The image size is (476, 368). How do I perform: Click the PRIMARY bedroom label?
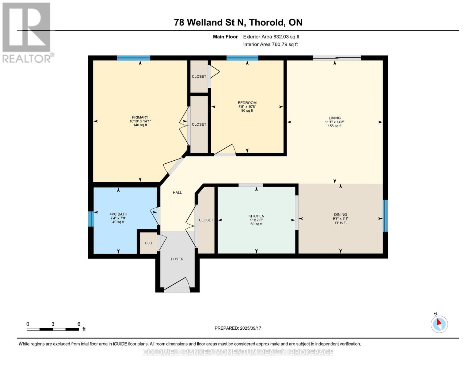point(140,117)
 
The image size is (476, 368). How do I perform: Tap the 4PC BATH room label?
point(118,214)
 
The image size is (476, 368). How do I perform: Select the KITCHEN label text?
point(256,216)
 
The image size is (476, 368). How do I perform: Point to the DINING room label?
point(340,215)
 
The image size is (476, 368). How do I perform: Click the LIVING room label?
point(334,118)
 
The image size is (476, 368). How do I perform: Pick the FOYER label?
point(177,259)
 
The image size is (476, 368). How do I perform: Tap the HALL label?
point(177,193)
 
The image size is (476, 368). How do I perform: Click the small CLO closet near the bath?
point(148,243)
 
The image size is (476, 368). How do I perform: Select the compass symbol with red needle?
point(439,324)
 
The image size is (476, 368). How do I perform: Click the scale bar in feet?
point(53,329)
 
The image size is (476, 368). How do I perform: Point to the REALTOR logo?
point(27,32)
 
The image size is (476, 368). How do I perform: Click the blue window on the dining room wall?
point(385,216)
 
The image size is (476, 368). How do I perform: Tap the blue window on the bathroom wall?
point(91,219)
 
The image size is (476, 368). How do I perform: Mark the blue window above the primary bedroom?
point(133,58)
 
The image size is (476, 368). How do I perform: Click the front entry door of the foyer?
point(177,289)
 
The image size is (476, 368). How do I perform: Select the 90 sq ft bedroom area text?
point(247,111)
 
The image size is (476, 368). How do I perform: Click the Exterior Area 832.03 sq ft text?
point(271,37)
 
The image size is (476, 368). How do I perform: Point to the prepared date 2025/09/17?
point(238,328)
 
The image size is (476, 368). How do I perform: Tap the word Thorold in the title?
point(266,22)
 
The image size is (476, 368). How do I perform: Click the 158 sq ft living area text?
point(334,126)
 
